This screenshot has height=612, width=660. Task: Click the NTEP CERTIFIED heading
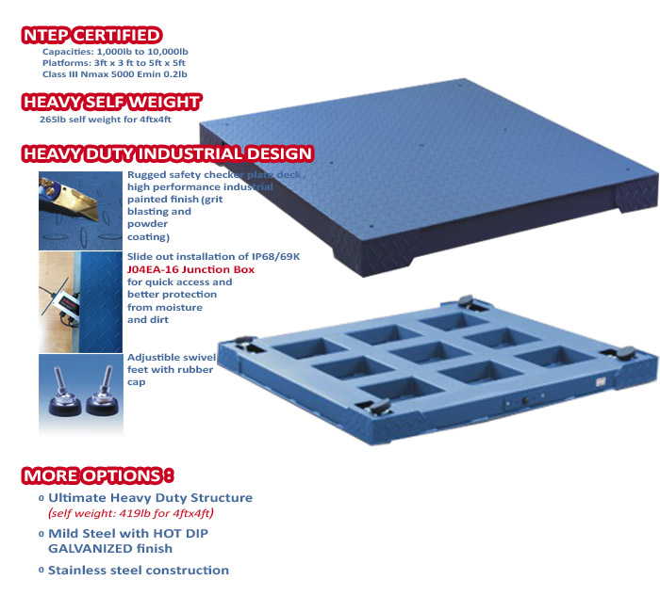(91, 36)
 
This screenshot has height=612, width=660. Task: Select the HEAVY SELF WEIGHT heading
(111, 103)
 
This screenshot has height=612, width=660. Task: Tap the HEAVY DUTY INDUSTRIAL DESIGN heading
(167, 153)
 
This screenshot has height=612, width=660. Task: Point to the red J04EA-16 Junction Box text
(179, 268)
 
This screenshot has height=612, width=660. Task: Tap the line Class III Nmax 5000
(114, 73)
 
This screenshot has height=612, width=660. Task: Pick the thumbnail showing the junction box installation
(79, 298)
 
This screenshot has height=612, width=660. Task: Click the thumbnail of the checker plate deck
(79, 209)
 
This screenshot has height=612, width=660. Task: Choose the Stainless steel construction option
(138, 570)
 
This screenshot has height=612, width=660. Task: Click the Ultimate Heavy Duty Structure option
(150, 497)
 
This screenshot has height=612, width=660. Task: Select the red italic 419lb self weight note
(131, 513)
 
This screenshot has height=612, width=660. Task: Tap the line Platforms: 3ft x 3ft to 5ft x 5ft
(113, 63)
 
